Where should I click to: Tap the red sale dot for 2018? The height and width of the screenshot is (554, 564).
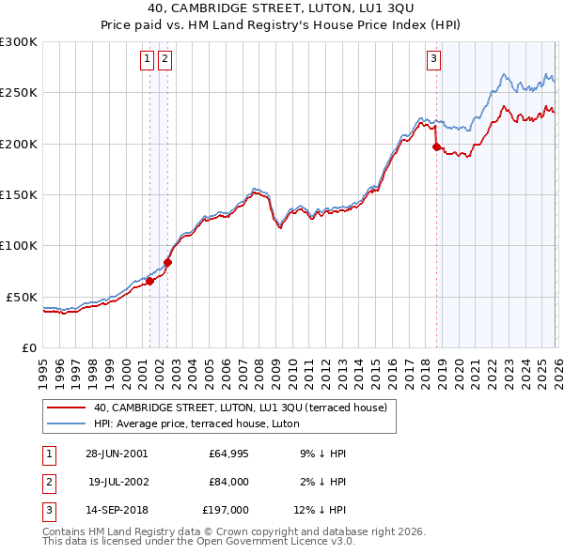pos(436,146)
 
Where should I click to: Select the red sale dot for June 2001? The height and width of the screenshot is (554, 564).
pos(149,281)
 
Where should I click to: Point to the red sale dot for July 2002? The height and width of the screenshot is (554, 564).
pos(167,262)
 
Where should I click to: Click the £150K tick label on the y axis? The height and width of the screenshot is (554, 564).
pos(19,194)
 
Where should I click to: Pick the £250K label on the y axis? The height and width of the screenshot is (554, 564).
pos(19,93)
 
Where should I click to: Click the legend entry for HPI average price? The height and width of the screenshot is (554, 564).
pos(196,423)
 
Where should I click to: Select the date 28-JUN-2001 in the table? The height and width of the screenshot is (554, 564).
pos(117,454)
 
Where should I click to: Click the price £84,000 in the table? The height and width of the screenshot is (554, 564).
pos(228,482)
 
